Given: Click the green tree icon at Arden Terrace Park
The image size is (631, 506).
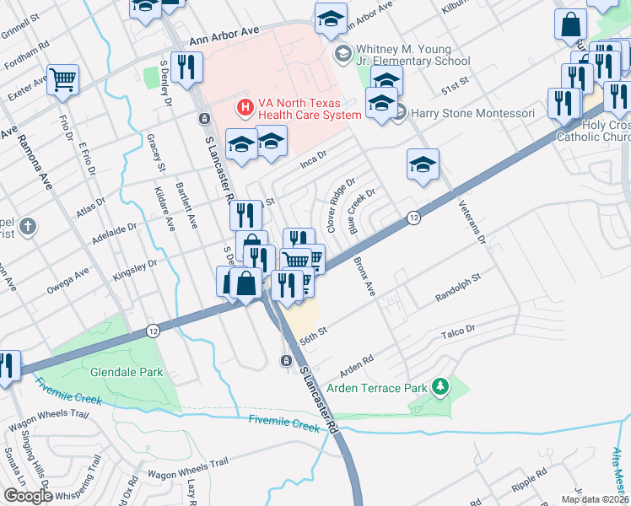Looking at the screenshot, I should click(440, 387).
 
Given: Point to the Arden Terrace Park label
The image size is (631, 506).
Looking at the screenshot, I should click(377, 387).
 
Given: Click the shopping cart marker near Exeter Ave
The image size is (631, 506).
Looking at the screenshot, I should click(63, 79).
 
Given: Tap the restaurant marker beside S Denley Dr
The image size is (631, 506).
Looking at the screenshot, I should click(184, 67).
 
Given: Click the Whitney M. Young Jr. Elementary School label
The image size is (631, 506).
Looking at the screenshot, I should click(413, 56).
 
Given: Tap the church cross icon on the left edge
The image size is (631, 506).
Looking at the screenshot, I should click(27, 226).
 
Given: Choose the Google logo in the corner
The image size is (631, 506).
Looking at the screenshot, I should click(27, 496).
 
